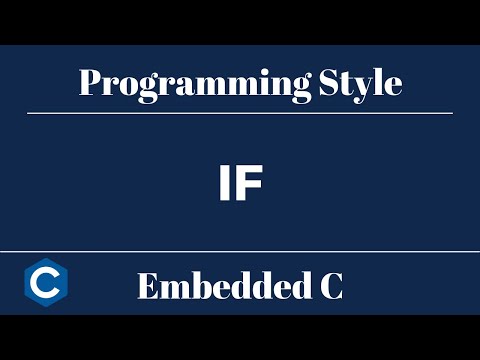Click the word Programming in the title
(189, 83)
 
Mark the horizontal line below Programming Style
(240, 114)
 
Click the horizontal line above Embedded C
(240, 252)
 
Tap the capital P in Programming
(89, 82)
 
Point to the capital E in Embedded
(147, 287)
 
